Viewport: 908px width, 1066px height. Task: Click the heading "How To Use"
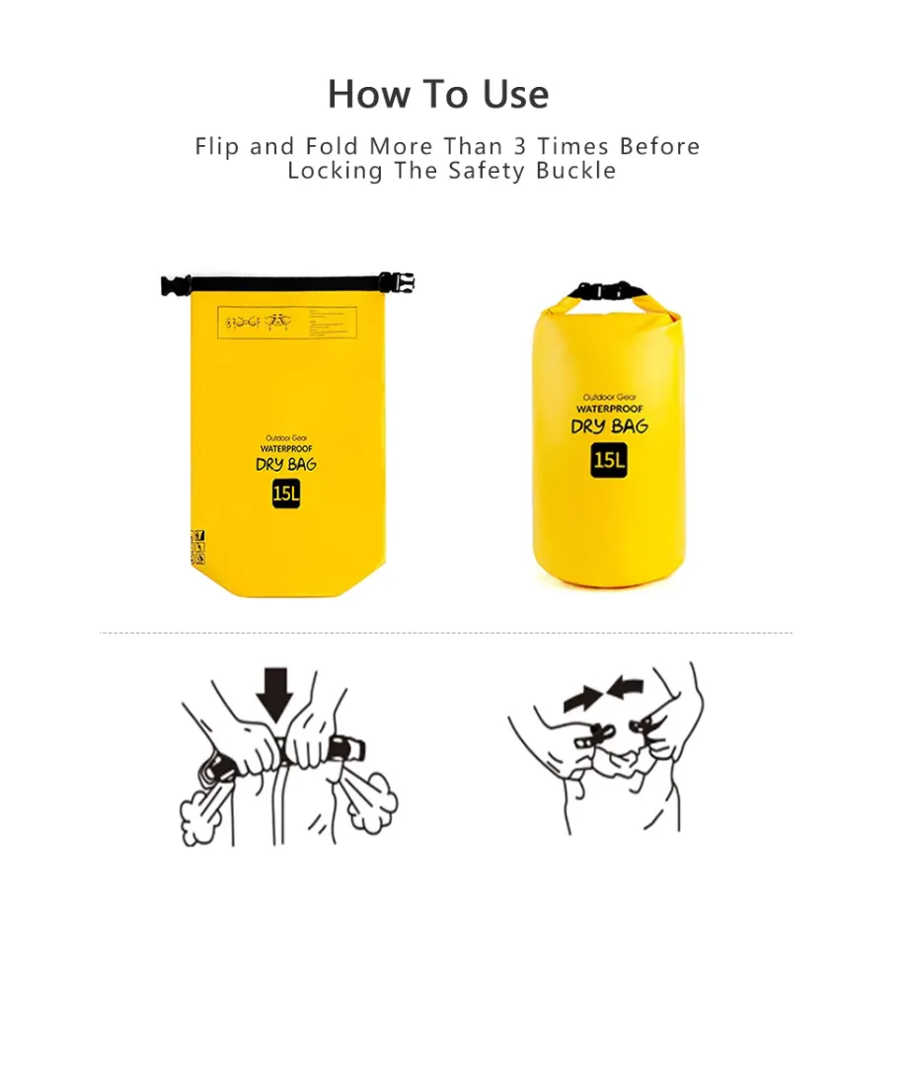point(438,95)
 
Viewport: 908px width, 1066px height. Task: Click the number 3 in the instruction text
point(520,147)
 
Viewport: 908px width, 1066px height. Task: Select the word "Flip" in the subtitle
point(217,147)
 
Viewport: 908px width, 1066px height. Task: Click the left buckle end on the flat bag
point(176,286)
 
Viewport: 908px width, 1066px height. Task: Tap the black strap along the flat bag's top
point(286,284)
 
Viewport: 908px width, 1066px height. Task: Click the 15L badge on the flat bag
point(285,494)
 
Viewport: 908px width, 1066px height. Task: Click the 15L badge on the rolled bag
point(609,459)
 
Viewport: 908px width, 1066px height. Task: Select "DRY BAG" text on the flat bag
point(285,465)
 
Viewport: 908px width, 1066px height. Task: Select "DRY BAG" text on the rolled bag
point(609,426)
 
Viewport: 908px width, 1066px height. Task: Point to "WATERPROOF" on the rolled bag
point(609,409)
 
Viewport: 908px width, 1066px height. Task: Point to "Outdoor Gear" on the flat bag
point(285,438)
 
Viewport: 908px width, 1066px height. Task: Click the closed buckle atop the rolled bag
point(608,291)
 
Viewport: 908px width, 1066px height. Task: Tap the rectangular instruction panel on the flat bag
point(286,322)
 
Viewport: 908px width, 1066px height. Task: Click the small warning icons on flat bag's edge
point(197,548)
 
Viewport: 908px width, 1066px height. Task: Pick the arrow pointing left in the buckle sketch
point(625,687)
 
